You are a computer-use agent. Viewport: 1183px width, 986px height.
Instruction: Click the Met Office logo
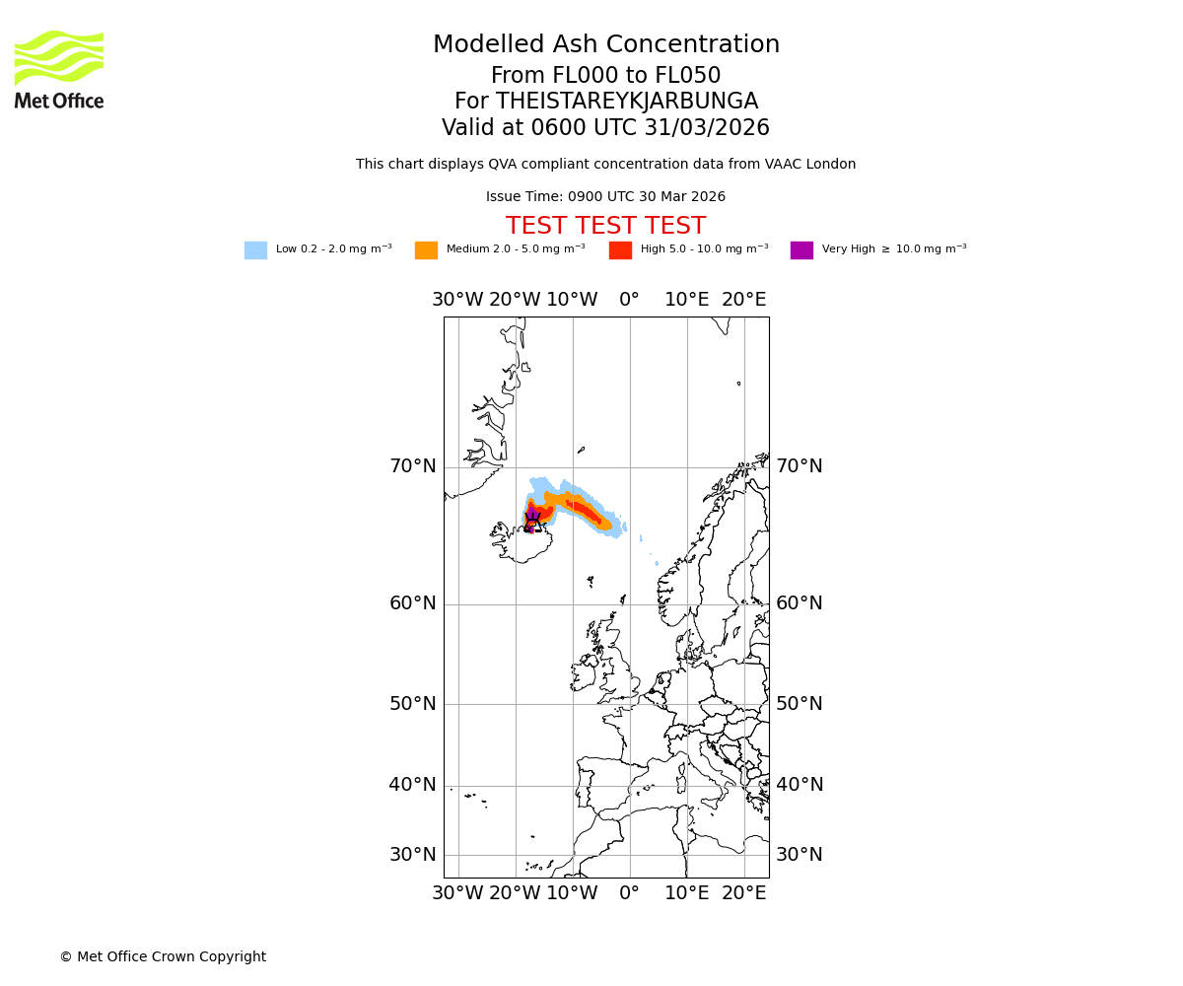(x=59, y=69)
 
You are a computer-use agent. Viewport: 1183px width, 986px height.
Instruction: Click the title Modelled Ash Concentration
(x=605, y=45)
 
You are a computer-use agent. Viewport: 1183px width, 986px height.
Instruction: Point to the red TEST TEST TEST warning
(x=605, y=227)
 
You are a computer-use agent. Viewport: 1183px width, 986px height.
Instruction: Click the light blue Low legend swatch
(x=255, y=250)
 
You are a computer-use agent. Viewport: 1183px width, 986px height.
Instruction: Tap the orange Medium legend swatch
(x=426, y=250)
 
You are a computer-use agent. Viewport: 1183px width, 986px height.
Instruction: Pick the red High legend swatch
(x=620, y=250)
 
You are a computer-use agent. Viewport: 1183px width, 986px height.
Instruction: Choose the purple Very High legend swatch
(x=801, y=250)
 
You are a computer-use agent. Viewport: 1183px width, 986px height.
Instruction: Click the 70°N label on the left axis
(x=412, y=466)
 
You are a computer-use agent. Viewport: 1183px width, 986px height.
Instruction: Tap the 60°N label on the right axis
(x=799, y=603)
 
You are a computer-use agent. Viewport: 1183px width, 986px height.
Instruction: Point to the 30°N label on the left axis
(x=412, y=855)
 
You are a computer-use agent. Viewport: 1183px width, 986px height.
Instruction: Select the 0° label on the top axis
(x=629, y=300)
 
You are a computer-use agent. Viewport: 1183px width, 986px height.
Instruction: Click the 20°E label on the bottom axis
(x=743, y=893)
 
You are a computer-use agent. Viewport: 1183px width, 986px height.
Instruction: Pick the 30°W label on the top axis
(x=457, y=300)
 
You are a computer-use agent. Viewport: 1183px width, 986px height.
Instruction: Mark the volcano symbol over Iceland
(x=532, y=520)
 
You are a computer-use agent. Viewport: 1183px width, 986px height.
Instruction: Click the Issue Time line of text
(x=605, y=197)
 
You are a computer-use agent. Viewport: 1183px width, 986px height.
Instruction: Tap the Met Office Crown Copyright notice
(x=163, y=957)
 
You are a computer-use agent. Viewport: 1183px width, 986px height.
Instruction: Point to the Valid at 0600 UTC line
(x=605, y=128)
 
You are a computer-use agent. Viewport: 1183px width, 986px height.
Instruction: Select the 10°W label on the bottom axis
(x=572, y=893)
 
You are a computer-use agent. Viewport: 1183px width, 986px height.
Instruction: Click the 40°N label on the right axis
(x=799, y=785)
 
